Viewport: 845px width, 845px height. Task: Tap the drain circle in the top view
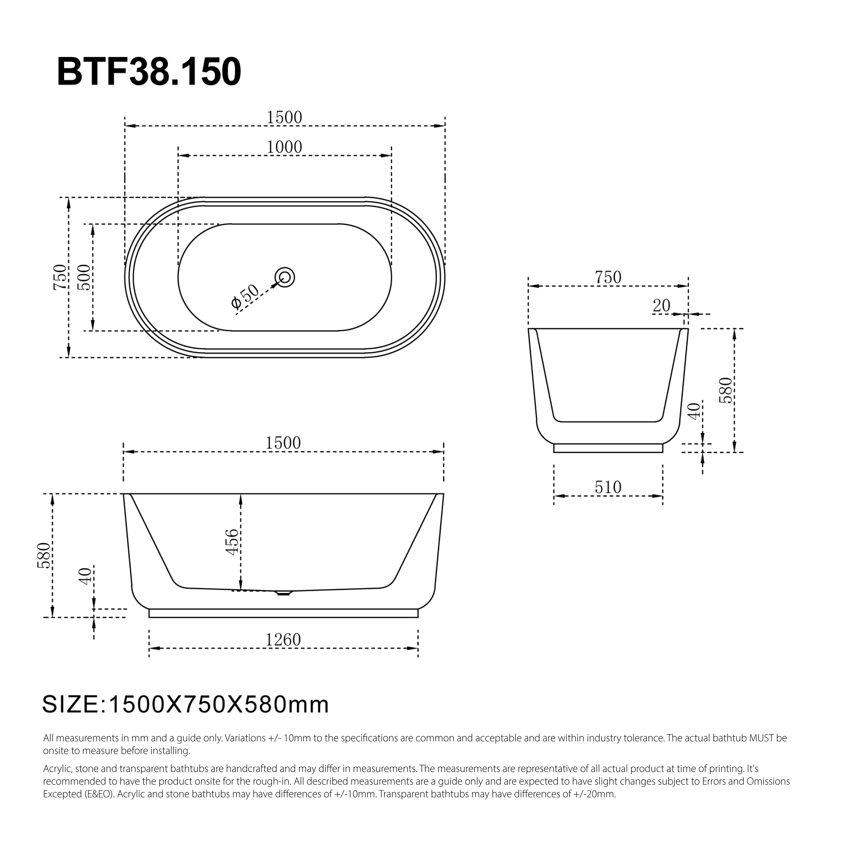(285, 277)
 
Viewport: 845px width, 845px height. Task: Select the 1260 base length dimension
(283, 640)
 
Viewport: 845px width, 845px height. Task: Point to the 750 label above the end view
(608, 277)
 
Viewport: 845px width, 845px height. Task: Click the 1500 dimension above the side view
(283, 443)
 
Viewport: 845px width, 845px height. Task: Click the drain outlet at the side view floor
(283, 593)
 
